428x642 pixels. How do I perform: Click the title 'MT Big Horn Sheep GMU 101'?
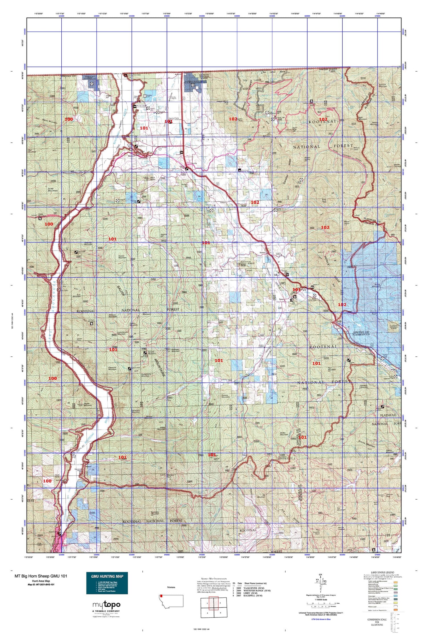coord(41,576)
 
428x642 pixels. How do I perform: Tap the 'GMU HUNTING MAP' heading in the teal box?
coord(107,576)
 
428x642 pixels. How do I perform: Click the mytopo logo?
coord(106,605)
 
